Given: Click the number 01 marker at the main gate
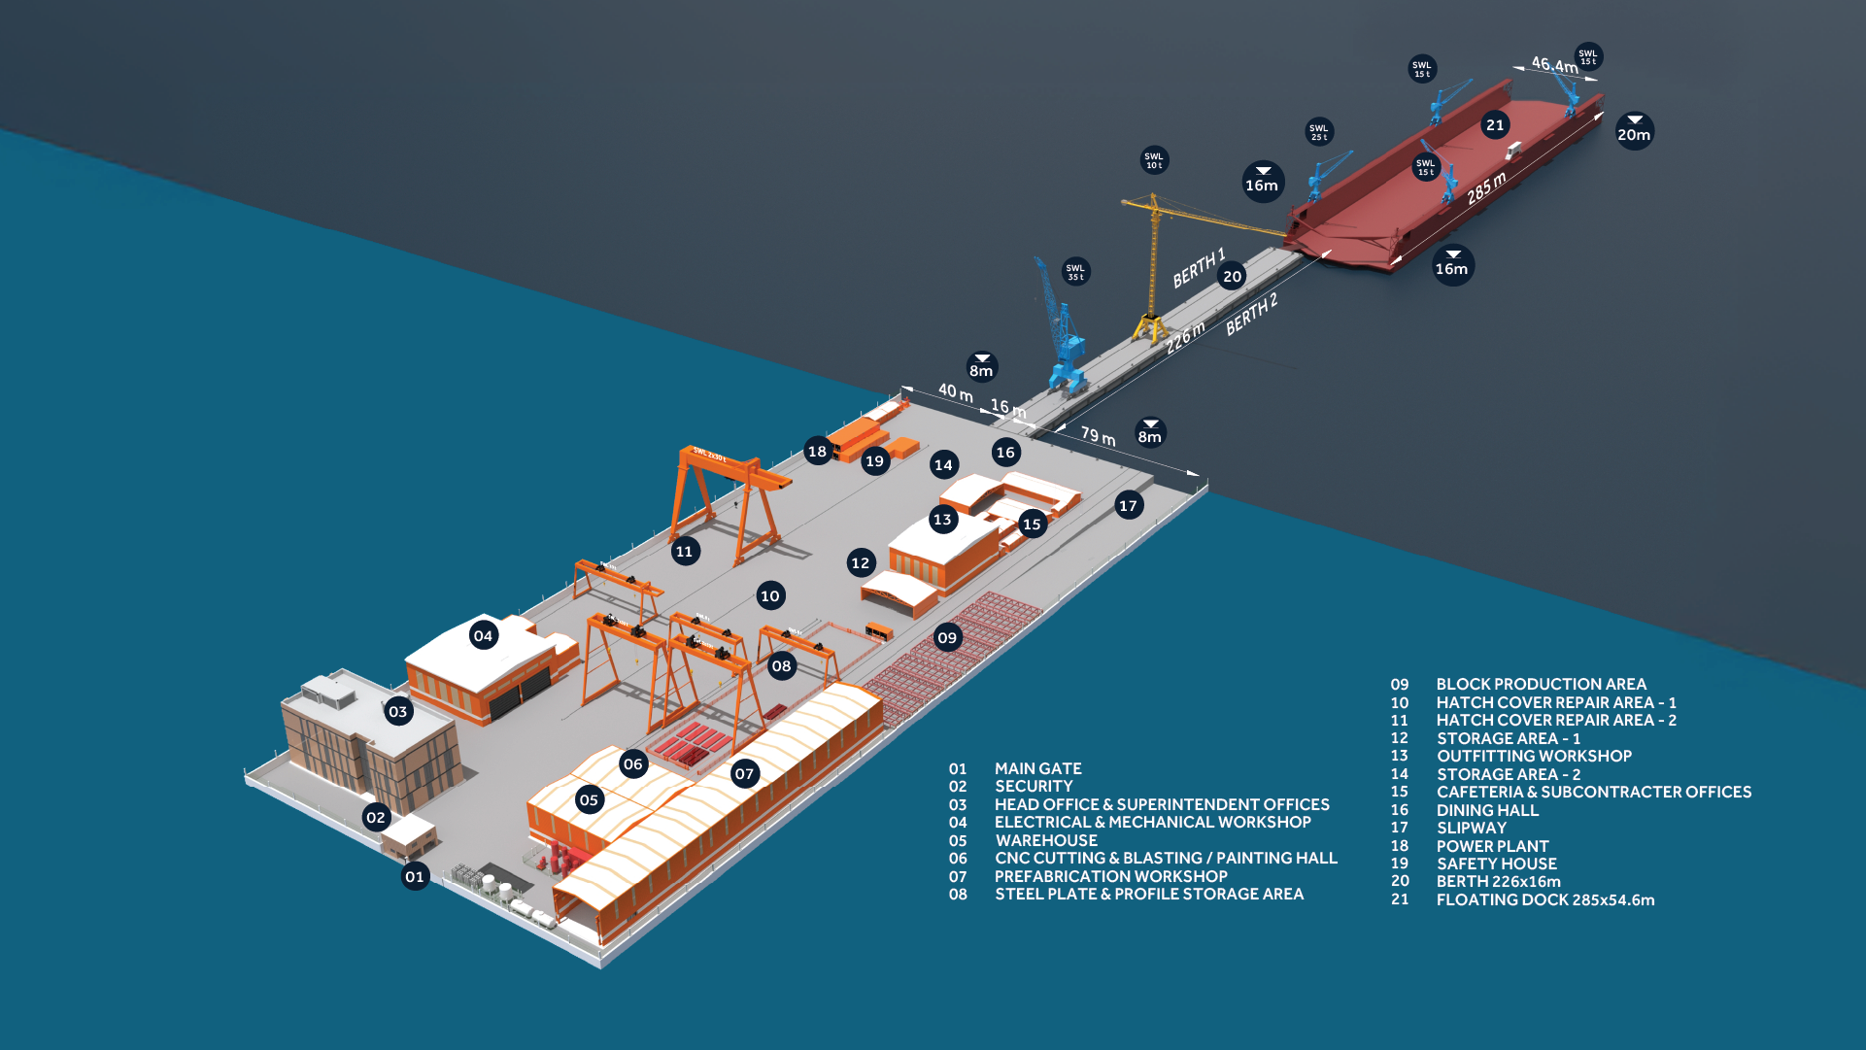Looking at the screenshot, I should [415, 876].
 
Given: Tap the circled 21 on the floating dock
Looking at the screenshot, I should [1495, 124].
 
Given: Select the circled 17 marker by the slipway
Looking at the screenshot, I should [1128, 505].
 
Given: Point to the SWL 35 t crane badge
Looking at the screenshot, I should [1075, 272].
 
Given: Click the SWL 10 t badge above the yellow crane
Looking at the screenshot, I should [1153, 160].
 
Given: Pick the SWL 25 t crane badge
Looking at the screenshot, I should [1318, 132].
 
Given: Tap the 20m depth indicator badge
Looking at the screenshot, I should [1634, 132].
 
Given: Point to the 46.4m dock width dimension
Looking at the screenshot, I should [1554, 65].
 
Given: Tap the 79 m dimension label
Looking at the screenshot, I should [1098, 435].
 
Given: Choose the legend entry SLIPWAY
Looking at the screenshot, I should [1472, 828].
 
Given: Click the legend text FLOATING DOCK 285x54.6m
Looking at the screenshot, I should [1545, 899].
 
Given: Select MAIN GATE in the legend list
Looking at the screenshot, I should [1037, 768].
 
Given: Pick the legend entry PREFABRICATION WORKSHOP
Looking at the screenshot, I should [1110, 876].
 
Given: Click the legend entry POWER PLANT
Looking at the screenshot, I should [1492, 846].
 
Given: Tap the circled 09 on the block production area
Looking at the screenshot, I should [947, 637].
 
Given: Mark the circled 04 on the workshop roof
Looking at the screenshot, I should [483, 636].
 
